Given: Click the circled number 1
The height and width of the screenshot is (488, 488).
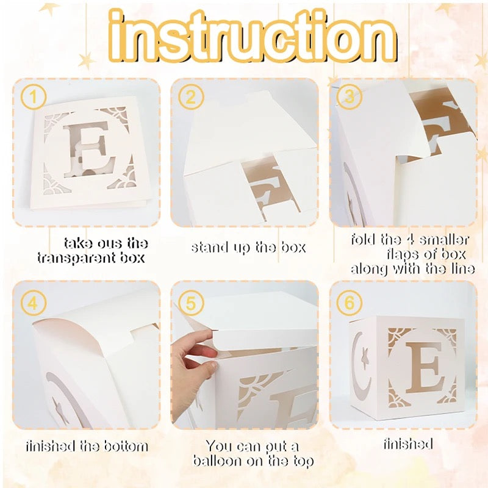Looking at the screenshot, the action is [34, 96].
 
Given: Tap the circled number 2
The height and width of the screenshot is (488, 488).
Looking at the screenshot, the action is [191, 96].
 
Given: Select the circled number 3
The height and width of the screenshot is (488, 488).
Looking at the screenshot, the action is [349, 96].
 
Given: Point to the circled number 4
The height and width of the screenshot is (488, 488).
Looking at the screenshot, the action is [34, 303].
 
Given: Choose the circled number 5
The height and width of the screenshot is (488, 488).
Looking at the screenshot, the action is [191, 303].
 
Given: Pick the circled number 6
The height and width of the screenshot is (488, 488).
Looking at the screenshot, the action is [349, 303].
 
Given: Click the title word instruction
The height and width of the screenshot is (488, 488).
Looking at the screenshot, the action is [253, 37].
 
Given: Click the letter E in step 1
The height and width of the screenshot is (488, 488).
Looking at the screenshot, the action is [90, 148].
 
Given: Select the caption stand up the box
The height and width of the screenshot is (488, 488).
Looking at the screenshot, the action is [248, 248].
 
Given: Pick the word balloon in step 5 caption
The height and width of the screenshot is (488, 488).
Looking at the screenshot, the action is [216, 461].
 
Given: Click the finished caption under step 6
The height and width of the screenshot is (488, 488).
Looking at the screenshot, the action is [408, 444].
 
